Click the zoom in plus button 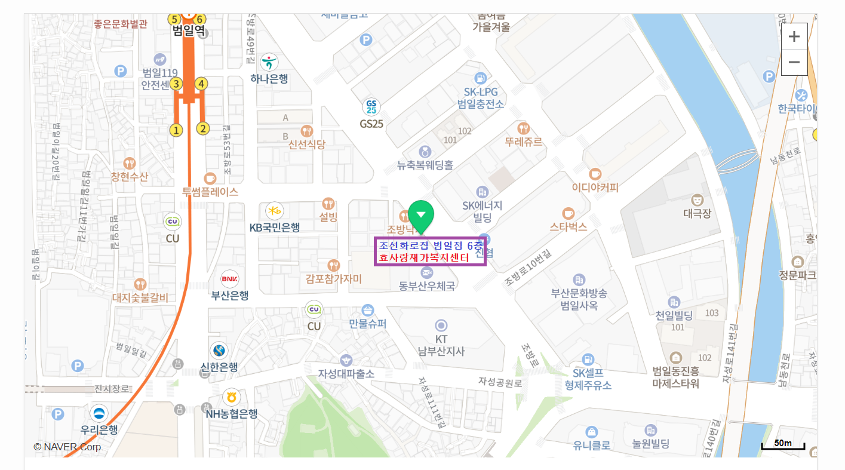(794, 36)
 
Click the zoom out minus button (794, 62)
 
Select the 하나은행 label (269, 78)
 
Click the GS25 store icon (371, 107)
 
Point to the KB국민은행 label (274, 227)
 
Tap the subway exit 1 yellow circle (176, 129)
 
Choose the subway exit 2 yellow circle (203, 128)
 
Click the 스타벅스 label (568, 227)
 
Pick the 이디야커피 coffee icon (595, 174)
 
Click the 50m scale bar (783, 444)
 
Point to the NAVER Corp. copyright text (69, 447)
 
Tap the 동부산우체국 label (427, 286)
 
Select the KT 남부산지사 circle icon (441, 325)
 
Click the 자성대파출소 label (346, 374)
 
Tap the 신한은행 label (219, 367)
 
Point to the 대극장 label (697, 213)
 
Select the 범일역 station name (189, 32)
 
